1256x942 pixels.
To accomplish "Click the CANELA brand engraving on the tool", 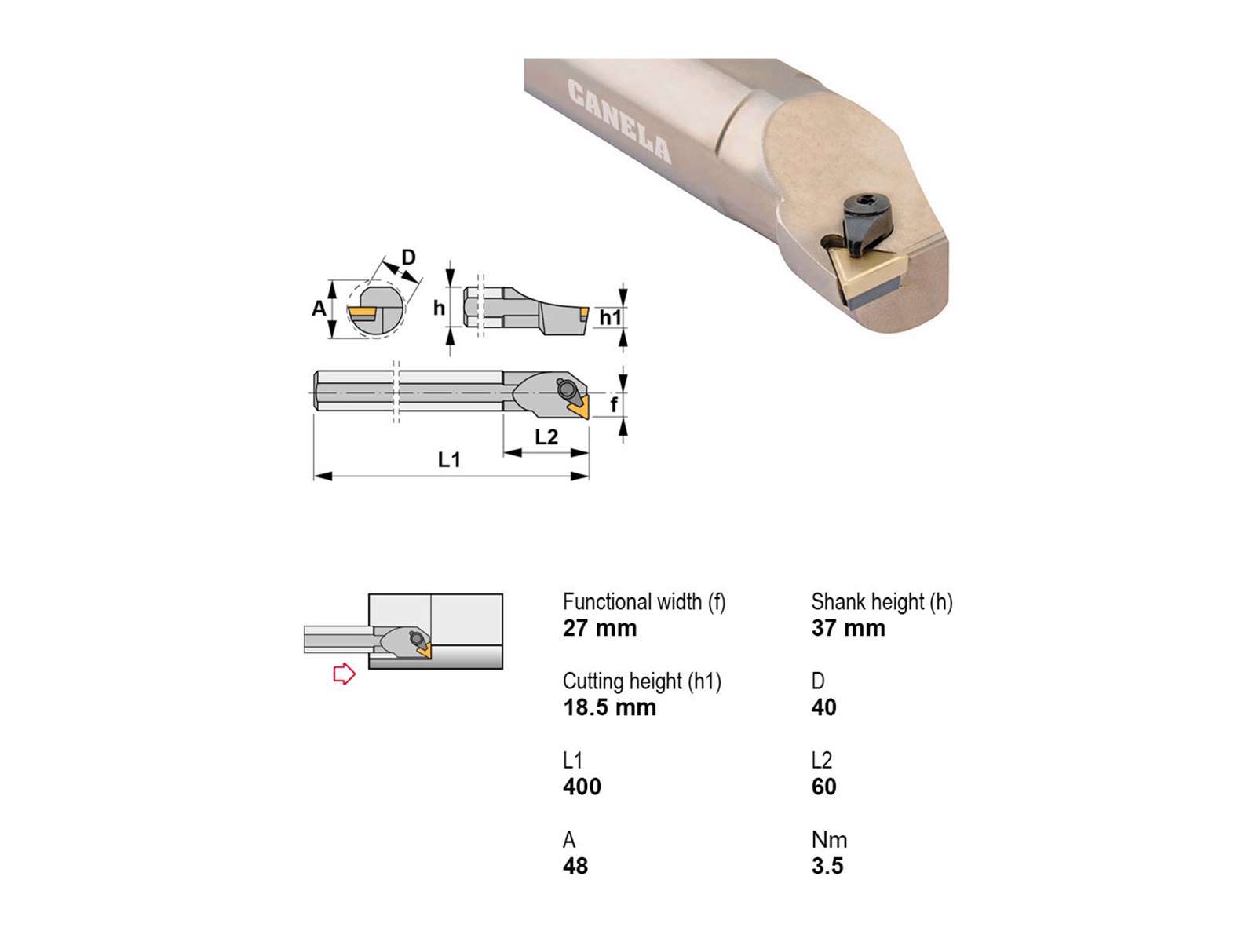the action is [x=619, y=122].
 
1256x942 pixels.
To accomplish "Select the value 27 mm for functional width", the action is [x=599, y=628].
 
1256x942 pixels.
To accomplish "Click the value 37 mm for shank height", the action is [x=848, y=628].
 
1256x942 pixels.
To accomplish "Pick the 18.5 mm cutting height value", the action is [x=609, y=707].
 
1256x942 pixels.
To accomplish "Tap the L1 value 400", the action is [x=582, y=787].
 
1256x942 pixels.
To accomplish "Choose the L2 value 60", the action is [x=824, y=787].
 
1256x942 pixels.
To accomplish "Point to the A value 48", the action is [x=575, y=867].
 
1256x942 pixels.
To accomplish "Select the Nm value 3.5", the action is [x=827, y=867].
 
